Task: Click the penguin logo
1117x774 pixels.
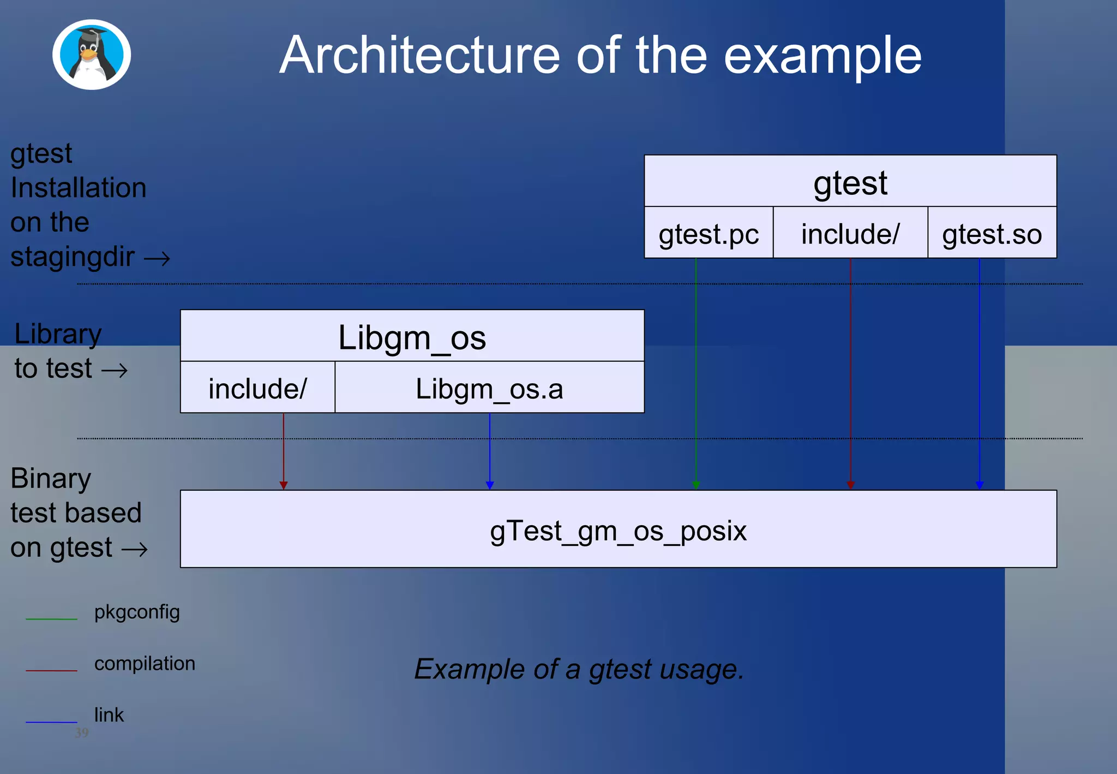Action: tap(92, 55)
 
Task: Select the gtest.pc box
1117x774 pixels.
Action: tap(708, 234)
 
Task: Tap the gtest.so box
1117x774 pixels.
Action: tap(992, 234)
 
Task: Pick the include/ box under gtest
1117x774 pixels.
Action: tap(850, 234)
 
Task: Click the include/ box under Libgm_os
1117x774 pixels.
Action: tap(257, 389)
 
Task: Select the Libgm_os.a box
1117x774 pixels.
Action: tap(489, 389)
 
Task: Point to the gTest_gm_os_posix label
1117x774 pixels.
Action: tap(618, 531)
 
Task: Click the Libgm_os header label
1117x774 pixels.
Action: tap(412, 337)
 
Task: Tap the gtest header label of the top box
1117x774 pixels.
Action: tap(850, 183)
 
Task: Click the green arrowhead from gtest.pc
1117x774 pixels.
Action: tap(696, 485)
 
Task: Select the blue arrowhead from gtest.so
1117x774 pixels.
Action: tap(980, 485)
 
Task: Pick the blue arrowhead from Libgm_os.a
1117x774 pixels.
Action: tap(490, 485)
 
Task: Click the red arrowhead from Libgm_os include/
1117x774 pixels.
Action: tap(284, 485)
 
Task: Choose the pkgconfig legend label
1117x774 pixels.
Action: tap(137, 612)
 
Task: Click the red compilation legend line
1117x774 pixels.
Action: tap(52, 670)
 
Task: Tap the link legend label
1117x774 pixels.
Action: tap(109, 715)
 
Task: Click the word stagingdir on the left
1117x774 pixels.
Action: tap(73, 257)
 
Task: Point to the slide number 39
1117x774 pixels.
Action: tap(82, 733)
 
